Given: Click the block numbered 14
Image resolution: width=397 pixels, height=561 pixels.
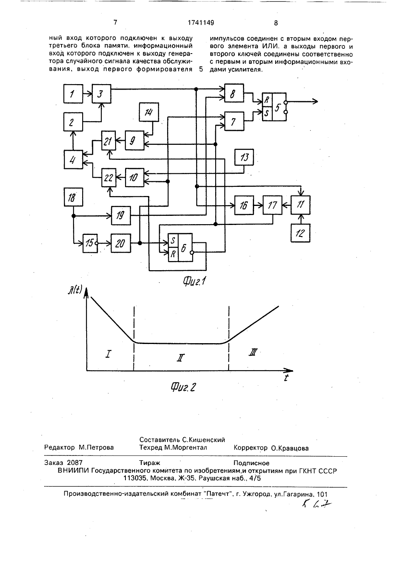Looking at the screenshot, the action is point(149,112).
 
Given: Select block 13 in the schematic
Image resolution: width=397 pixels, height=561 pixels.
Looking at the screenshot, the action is point(244,157).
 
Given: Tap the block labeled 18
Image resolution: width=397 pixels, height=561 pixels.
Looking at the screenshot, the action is point(73,197).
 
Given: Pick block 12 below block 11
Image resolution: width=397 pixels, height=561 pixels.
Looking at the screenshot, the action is point(301,233).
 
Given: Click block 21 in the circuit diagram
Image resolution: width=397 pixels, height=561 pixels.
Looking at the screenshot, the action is point(108,140).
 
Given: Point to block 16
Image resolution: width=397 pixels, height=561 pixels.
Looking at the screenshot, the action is point(244,206).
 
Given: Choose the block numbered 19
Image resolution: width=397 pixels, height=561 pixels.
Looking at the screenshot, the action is point(121,215).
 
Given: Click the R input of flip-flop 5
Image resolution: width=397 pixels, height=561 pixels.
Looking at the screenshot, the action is point(267,100).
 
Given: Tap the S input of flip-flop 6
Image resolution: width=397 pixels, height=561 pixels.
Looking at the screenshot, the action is point(173,241).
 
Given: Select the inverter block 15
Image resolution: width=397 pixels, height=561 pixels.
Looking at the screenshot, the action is point(90,243).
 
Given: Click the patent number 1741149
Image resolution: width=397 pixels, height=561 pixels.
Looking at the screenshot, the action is point(201,23).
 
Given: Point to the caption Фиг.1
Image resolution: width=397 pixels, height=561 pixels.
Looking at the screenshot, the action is point(194,282).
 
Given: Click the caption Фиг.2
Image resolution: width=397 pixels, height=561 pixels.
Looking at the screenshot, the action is point(183,387).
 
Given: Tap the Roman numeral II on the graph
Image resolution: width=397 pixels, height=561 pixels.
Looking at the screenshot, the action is point(181,358).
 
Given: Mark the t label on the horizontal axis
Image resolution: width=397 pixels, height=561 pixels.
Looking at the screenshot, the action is point(286,377).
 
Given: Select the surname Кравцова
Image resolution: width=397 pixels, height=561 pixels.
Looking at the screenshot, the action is point(290,448).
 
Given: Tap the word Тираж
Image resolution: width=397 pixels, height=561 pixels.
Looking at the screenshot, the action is point(150,463).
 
